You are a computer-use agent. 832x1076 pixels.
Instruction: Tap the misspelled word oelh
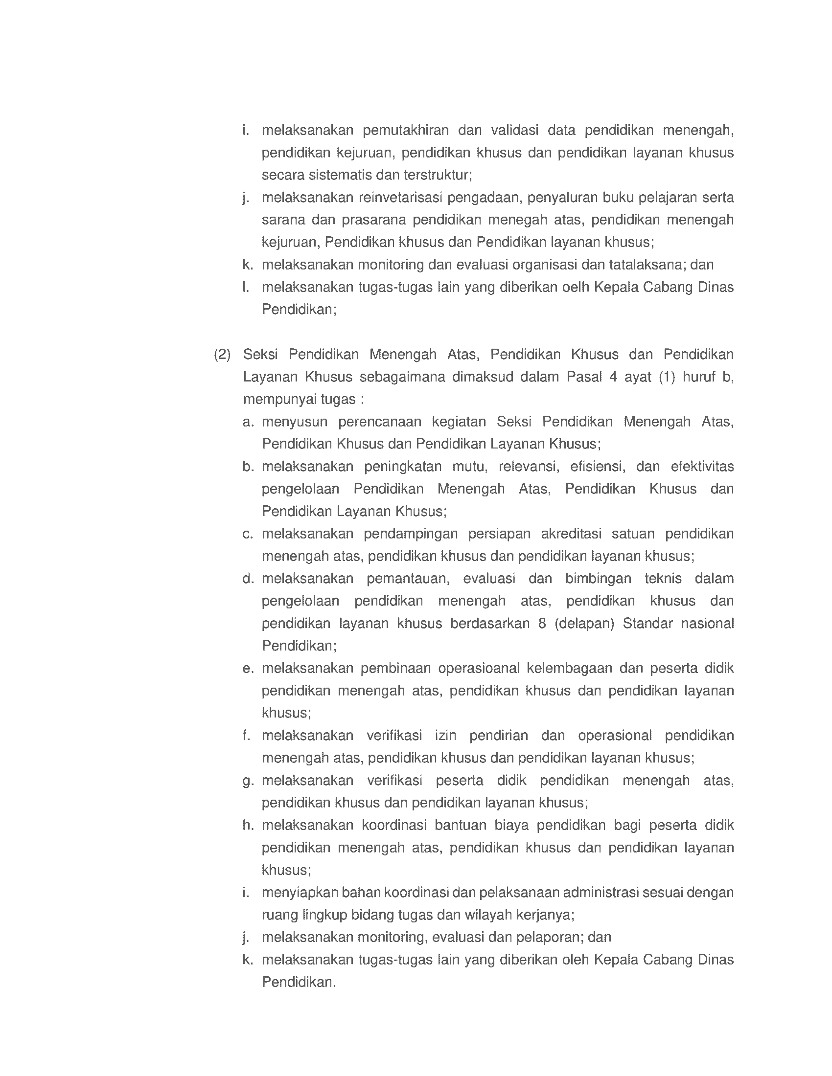point(575,287)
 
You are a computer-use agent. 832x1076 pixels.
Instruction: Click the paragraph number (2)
point(222,355)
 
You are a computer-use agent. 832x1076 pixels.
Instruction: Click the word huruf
point(698,377)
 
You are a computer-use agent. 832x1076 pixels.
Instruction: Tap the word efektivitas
point(702,467)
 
